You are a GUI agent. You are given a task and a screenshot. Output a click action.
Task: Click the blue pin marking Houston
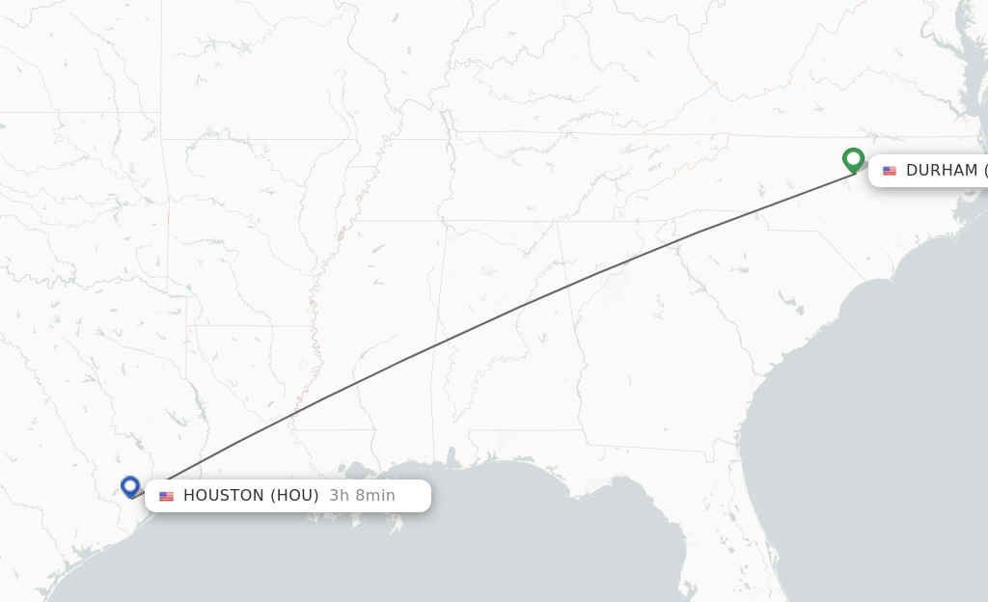pyautogui.click(x=130, y=486)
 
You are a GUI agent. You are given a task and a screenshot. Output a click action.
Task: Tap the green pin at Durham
pyautogui.click(x=853, y=159)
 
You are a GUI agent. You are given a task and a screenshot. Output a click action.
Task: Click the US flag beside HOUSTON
pyautogui.click(x=167, y=496)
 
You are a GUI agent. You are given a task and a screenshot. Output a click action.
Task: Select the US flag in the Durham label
pyautogui.click(x=890, y=171)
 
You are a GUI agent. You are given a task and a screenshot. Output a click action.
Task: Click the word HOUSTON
pyautogui.click(x=223, y=496)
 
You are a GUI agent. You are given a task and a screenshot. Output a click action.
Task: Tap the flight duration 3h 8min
pyautogui.click(x=362, y=496)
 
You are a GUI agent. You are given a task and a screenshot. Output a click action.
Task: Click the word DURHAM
pyautogui.click(x=942, y=171)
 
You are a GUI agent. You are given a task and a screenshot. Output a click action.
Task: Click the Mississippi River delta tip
pyautogui.click(x=396, y=526)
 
